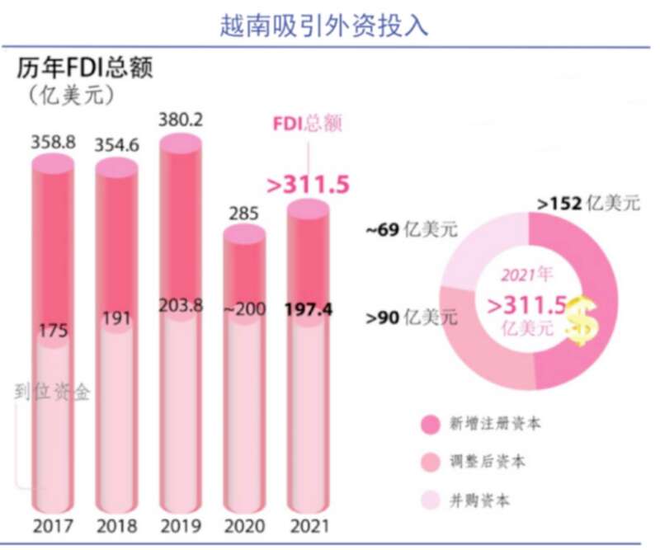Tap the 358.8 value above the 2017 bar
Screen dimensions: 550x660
(x=53, y=142)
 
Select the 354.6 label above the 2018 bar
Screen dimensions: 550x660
(x=116, y=146)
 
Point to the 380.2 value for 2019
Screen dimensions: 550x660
(x=180, y=120)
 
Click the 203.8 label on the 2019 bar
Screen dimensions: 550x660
(x=181, y=305)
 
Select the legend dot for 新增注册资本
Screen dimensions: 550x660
(x=431, y=425)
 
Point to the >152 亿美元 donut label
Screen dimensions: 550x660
(x=587, y=203)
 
